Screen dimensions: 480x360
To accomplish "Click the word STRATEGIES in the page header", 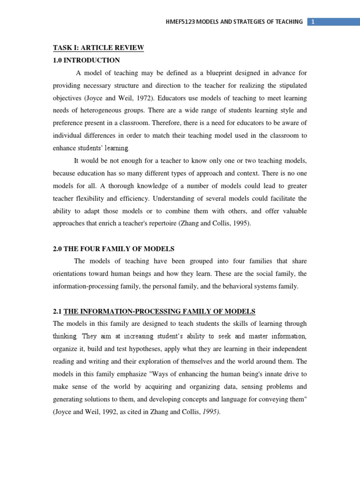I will click(244, 22).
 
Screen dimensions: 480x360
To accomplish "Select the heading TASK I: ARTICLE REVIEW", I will click(98, 48).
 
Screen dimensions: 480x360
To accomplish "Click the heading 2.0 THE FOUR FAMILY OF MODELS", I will click(113, 249).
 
